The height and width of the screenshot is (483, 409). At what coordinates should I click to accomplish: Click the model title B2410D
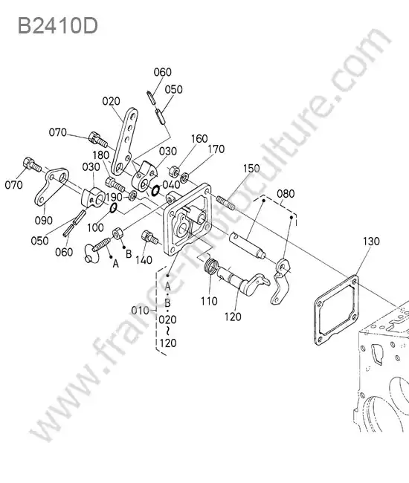tap(58, 26)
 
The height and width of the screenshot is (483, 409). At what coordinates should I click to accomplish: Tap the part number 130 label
tap(371, 241)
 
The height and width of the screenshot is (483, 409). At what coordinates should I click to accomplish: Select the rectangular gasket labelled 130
tap(336, 310)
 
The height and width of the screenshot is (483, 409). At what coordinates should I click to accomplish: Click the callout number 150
tap(251, 169)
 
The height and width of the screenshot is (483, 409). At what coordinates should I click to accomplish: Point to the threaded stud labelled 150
tap(225, 203)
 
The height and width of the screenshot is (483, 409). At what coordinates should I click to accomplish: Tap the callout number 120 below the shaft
tap(233, 317)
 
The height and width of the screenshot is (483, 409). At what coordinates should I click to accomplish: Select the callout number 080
tap(286, 194)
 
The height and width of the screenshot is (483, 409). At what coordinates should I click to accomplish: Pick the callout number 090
tap(43, 220)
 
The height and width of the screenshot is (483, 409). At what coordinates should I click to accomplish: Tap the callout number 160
tap(199, 139)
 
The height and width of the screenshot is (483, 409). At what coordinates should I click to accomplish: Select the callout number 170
tap(216, 149)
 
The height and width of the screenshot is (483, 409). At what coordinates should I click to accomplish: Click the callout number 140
tap(144, 260)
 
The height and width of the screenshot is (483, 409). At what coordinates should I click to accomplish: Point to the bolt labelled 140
tap(149, 238)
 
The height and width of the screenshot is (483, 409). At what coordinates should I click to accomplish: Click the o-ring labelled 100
tap(113, 208)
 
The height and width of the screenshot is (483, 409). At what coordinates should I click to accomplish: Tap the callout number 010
tap(141, 311)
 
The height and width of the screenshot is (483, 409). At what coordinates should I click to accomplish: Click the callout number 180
tap(101, 155)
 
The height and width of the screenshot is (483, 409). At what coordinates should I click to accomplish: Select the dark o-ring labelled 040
tap(155, 191)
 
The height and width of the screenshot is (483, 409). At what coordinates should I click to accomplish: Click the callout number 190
tap(114, 197)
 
